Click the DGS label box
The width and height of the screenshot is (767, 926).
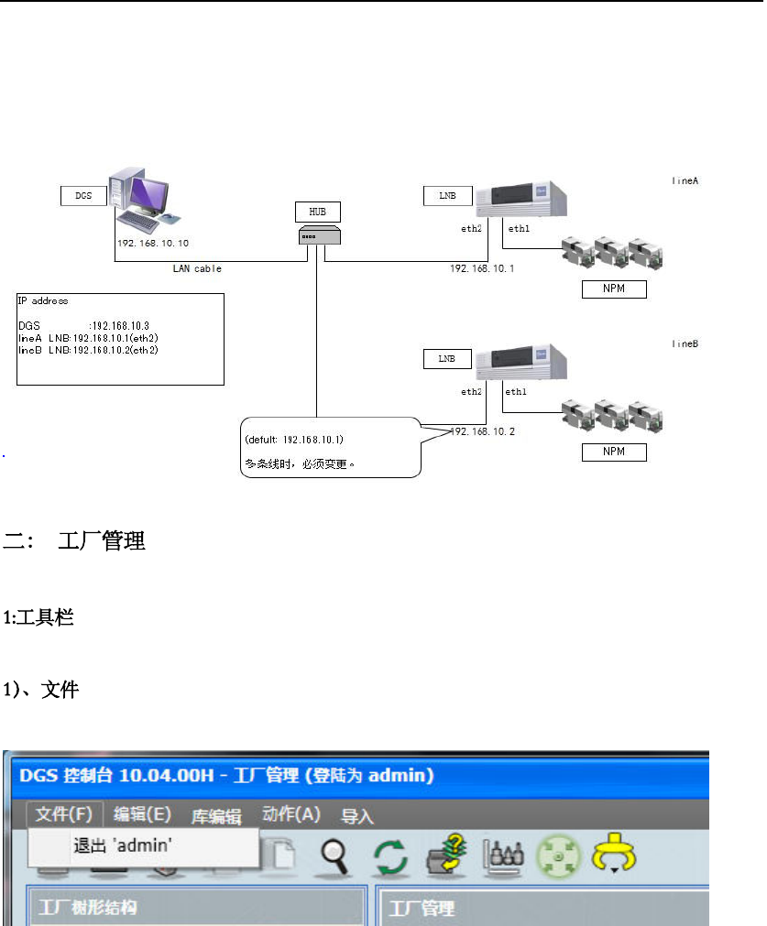pyautogui.click(x=82, y=195)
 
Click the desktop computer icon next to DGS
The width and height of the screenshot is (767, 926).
pyautogui.click(x=142, y=196)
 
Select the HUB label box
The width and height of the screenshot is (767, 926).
pyautogui.click(x=316, y=212)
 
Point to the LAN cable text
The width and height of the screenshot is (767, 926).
pyautogui.click(x=197, y=268)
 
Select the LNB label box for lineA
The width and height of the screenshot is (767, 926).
pyautogui.click(x=446, y=195)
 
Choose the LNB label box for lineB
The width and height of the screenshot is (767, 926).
pyautogui.click(x=446, y=359)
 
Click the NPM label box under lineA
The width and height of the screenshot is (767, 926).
pyautogui.click(x=615, y=289)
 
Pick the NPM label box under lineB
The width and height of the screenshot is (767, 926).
pyautogui.click(x=615, y=452)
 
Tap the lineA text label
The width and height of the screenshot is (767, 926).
pyautogui.click(x=685, y=181)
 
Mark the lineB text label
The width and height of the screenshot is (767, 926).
pyautogui.click(x=685, y=343)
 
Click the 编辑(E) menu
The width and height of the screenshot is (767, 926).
pyautogui.click(x=142, y=814)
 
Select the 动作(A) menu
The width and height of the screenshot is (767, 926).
pyautogui.click(x=290, y=814)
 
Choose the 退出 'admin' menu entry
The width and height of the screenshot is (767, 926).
pyautogui.click(x=122, y=846)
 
